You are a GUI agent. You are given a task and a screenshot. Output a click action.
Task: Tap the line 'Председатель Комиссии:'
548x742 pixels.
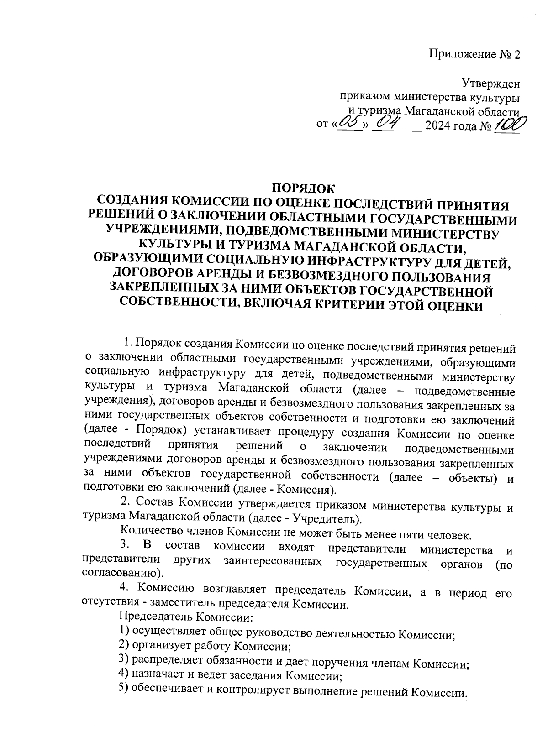click(x=185, y=618)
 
